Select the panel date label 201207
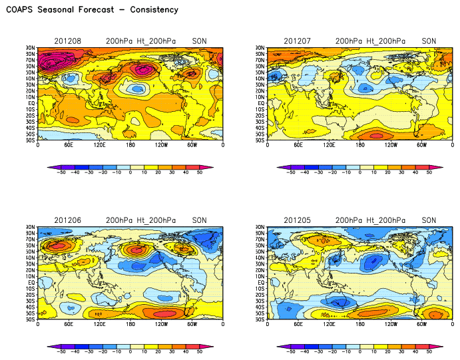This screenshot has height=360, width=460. click(296, 41)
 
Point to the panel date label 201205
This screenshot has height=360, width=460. click(296, 220)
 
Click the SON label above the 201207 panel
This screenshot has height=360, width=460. click(429, 41)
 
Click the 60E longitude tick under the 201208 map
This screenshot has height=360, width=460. click(68, 145)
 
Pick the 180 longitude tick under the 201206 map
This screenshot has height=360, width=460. click(130, 324)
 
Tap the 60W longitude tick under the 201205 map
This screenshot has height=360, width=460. click(421, 324)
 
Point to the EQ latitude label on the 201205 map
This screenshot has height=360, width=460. click(261, 282)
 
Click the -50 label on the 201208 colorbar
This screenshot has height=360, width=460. click(61, 172)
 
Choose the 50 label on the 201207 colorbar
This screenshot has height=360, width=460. click(429, 172)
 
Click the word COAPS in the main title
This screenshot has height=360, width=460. click(21, 10)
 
